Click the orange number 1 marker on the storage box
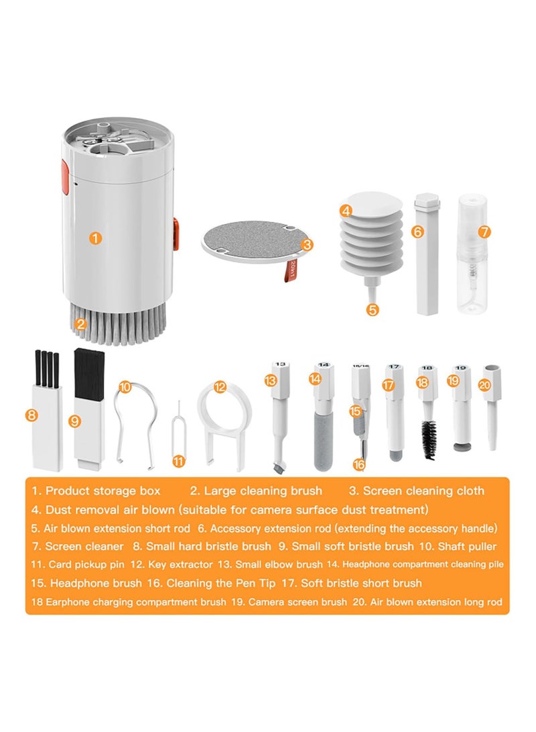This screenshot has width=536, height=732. [x=96, y=238]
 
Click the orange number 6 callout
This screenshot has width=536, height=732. [x=417, y=231]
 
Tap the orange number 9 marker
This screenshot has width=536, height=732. [x=74, y=421]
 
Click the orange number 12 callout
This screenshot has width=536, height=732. [x=220, y=387]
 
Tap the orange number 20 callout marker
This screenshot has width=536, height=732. [x=485, y=385]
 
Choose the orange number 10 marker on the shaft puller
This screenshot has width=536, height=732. [x=125, y=387]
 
